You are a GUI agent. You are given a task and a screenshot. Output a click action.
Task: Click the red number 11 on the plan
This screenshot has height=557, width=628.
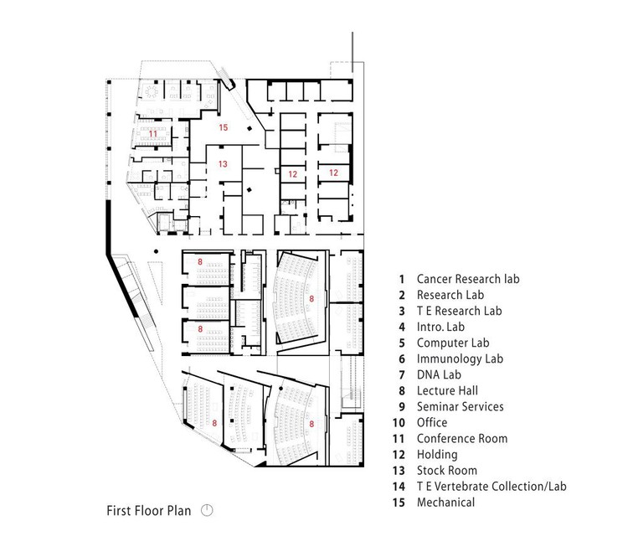tap(153, 133)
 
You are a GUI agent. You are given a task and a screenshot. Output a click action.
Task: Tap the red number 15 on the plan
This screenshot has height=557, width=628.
tap(224, 127)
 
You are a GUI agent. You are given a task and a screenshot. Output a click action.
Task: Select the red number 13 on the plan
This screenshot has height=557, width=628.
tap(223, 163)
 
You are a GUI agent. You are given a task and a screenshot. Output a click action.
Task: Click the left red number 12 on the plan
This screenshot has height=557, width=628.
tap(293, 174)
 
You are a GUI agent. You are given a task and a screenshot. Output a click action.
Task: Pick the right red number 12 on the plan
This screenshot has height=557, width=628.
tap(333, 173)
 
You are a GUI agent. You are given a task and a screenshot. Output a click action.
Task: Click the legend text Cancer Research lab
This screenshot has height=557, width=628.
tap(468, 279)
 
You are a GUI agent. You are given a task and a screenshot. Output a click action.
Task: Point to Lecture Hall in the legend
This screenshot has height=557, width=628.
tap(447, 390)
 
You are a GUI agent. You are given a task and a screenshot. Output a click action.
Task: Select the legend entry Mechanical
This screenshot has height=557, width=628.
tap(445, 503)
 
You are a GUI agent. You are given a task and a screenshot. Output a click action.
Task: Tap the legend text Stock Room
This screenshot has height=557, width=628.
tap(447, 471)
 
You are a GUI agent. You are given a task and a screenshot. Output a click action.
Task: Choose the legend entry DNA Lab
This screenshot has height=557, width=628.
tap(439, 374)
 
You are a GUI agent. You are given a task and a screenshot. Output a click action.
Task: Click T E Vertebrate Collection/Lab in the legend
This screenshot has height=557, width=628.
tap(492, 487)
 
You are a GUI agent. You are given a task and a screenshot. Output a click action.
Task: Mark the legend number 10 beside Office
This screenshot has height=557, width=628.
tap(399, 423)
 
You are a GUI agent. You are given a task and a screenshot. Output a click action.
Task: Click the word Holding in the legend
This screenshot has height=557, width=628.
tap(437, 455)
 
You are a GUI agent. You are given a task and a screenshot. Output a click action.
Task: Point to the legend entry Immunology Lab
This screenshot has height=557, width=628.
tap(460, 359)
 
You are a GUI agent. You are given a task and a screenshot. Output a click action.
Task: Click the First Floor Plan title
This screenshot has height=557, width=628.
tap(148, 511)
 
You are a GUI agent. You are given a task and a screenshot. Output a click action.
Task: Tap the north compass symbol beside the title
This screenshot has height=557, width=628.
tap(207, 510)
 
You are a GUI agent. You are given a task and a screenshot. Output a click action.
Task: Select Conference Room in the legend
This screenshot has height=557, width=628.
tap(462, 439)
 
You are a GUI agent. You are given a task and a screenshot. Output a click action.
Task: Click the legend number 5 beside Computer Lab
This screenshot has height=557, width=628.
tap(402, 343)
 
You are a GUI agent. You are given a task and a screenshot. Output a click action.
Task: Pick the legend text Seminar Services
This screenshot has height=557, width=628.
tap(461, 407)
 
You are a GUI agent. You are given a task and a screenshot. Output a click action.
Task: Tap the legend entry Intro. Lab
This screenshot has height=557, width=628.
tap(440, 327)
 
